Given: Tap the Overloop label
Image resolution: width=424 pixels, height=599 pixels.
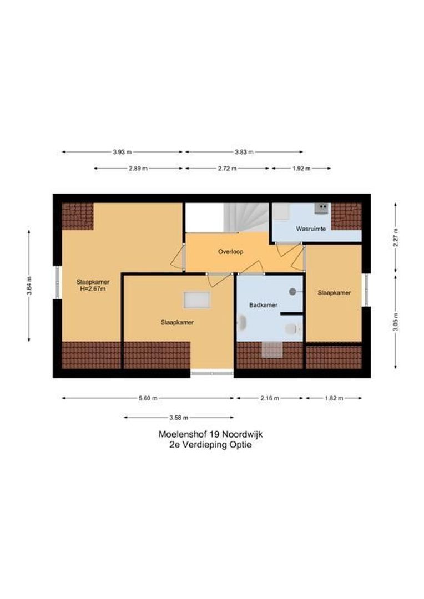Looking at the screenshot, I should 230,251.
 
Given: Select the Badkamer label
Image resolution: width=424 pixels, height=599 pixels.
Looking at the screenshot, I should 263,305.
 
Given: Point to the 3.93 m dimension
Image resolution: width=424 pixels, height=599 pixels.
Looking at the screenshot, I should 122,151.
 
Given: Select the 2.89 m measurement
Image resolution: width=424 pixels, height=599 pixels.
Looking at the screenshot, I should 138,168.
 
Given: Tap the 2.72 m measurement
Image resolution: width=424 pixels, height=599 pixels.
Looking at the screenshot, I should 226,168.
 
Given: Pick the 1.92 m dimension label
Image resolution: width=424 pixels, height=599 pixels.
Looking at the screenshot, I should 300,168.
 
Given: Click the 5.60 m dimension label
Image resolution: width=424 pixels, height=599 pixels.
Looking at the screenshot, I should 148,398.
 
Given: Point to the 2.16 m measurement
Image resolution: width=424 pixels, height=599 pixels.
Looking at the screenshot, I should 269,398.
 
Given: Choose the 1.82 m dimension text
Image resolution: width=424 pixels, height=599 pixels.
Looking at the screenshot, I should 333,398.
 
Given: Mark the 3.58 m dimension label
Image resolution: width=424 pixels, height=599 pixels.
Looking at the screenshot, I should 178,417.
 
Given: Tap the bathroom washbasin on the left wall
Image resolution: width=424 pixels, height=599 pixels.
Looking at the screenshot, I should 242,322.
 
